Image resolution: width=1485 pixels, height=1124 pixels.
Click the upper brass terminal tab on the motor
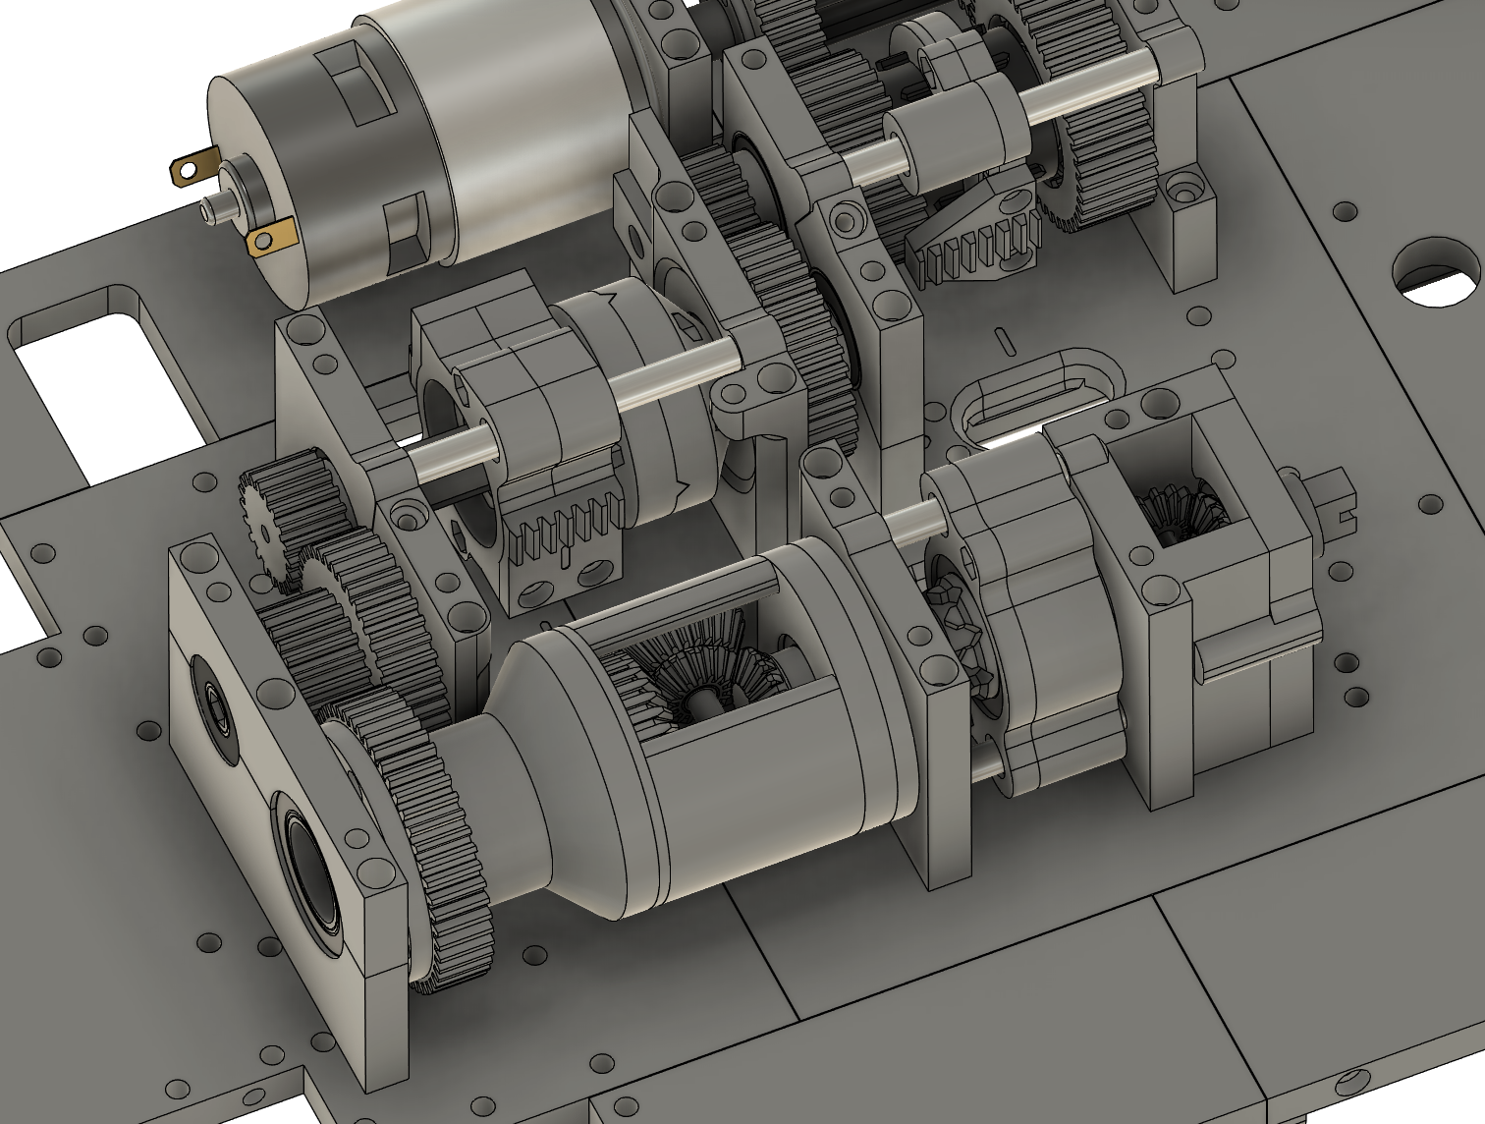192,169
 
